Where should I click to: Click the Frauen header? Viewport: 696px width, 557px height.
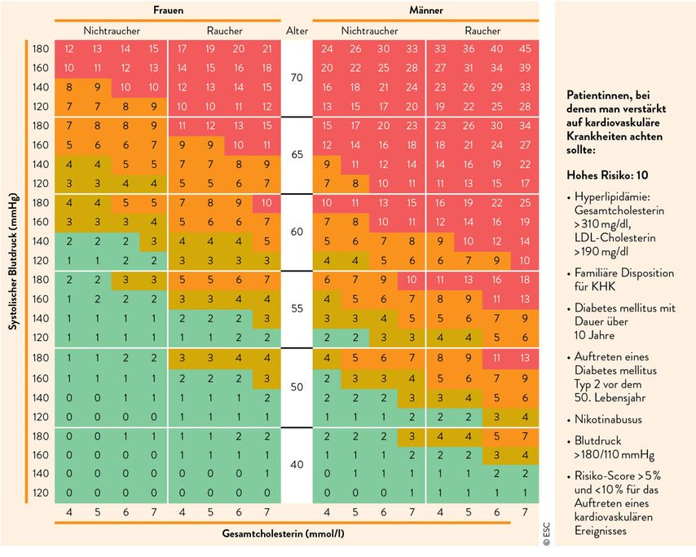168,10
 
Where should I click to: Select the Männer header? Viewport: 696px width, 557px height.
426,10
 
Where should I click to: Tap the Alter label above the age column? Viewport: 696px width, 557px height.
297,31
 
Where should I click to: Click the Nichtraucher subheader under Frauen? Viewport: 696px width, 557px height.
112,31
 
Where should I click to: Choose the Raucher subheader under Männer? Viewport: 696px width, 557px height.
482,31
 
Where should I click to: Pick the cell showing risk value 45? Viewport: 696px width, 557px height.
525,49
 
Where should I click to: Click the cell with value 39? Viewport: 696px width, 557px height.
525,68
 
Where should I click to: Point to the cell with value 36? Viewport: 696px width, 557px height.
469,49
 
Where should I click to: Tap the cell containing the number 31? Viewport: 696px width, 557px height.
469,68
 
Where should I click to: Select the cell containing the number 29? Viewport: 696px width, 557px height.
496,87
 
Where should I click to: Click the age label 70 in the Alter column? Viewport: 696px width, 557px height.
297,77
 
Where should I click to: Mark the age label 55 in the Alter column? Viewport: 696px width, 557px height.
297,308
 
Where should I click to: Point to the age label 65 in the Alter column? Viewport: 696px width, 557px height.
297,155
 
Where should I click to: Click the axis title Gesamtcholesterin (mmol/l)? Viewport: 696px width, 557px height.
283,533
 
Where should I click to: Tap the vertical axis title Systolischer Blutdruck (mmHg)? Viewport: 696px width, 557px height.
14,261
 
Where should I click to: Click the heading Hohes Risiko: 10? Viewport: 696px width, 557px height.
607,175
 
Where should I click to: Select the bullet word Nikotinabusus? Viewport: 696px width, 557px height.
608,419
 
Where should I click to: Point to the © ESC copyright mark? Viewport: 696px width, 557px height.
546,534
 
